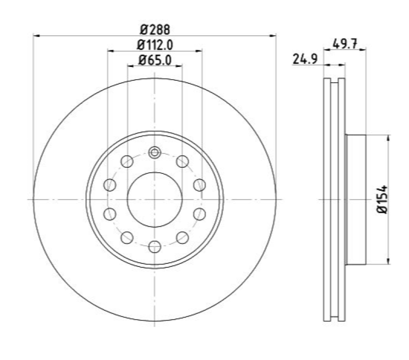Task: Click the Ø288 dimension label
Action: [x=155, y=30]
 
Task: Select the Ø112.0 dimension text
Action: [x=155, y=45]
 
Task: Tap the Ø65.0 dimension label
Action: [x=155, y=60]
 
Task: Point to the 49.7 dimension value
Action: [x=345, y=43]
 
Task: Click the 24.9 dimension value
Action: [x=305, y=59]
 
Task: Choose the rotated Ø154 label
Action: [x=382, y=199]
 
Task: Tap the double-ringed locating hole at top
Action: [x=155, y=152]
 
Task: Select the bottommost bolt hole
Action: [x=155, y=246]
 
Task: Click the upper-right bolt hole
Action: [x=183, y=161]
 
